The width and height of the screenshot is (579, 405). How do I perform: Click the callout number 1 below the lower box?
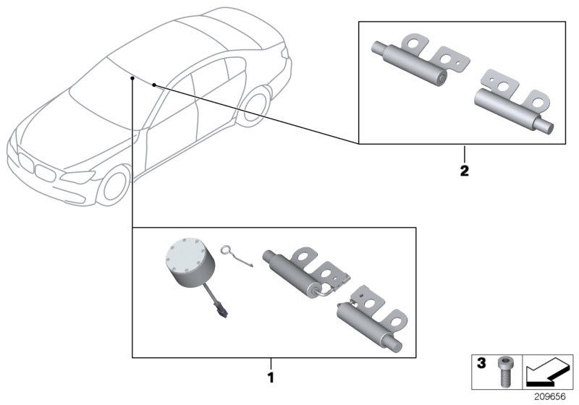271,378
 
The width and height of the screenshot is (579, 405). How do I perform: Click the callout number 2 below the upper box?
465,172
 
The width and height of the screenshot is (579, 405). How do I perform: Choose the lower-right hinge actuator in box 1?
369,314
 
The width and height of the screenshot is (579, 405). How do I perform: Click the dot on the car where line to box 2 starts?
154,85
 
